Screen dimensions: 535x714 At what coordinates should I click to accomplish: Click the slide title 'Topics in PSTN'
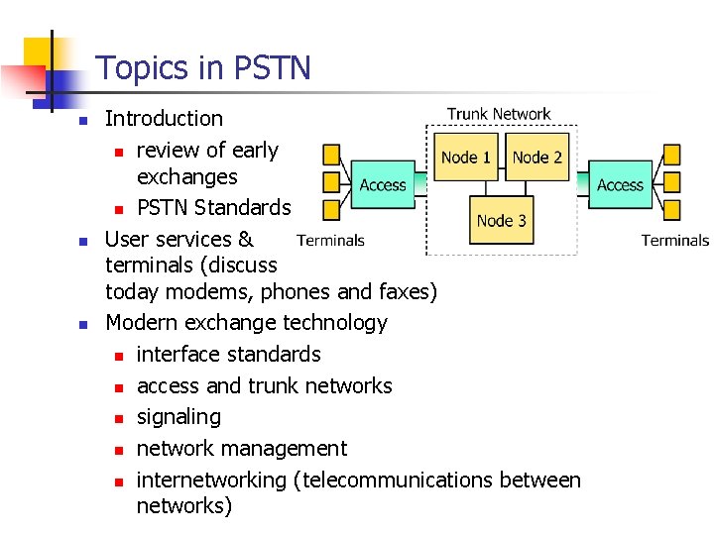coord(202,68)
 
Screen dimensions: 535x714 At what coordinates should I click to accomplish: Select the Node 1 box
coord(466,158)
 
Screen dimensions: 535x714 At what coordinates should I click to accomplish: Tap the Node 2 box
coord(537,158)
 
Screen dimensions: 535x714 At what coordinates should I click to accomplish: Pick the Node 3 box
coord(502,221)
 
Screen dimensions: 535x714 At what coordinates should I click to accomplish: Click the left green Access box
coord(383,185)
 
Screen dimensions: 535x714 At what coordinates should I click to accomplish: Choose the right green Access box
coord(621,185)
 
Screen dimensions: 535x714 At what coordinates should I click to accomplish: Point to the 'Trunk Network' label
coord(499,114)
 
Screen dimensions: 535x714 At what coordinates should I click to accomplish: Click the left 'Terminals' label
coord(330,240)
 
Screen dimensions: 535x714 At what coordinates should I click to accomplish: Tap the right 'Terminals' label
coord(675,240)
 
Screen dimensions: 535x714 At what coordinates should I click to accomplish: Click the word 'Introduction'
coord(164,119)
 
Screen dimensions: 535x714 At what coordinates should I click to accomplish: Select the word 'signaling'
coord(178,417)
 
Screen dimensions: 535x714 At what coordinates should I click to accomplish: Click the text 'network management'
coord(242,449)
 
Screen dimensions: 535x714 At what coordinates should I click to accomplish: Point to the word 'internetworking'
coord(211,481)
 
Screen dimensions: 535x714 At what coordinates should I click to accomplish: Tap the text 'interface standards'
coord(229,355)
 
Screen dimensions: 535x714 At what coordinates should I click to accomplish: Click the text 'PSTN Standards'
coord(214,208)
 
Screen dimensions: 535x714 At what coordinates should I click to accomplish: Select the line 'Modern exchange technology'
coord(246,323)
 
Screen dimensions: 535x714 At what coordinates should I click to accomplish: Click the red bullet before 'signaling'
coord(117,418)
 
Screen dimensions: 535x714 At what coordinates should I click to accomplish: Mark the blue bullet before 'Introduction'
coord(84,120)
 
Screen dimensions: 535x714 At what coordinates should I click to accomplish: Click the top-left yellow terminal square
coord(331,155)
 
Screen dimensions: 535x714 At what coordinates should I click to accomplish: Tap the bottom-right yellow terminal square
coord(672,209)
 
